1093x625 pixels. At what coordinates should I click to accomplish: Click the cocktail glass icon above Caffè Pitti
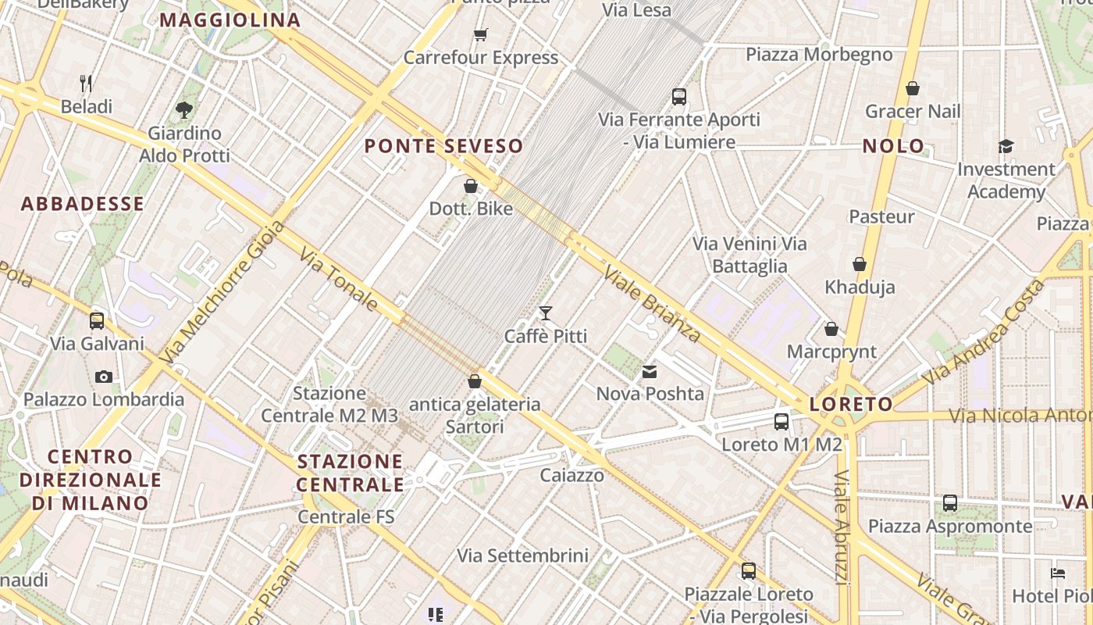coord(546,313)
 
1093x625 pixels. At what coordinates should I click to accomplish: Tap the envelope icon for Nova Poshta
coord(650,372)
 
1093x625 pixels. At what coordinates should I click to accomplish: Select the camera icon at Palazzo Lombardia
coord(103,377)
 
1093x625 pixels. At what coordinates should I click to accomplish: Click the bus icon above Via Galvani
coord(97,320)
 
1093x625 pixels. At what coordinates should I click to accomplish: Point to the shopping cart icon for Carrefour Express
coord(480,34)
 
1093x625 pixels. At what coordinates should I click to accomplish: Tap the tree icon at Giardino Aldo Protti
coord(184,110)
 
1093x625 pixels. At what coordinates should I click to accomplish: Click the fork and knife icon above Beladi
coord(87,83)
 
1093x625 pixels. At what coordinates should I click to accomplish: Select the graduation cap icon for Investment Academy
coord(1006,146)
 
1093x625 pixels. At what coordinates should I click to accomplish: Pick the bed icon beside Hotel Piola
coord(1058,573)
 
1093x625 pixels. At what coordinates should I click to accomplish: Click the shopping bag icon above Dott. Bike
coord(471,186)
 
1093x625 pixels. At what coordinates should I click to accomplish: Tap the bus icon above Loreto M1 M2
coord(781,422)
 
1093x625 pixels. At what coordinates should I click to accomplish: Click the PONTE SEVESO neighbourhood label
coord(443,146)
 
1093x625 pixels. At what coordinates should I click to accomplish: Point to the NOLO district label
coord(893,146)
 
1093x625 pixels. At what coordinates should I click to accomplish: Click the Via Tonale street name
coord(339,279)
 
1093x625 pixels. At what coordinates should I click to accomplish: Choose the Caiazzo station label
coord(572,475)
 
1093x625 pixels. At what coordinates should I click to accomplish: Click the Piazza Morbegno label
coord(819,55)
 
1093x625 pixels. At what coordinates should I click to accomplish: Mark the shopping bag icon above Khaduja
coord(860,265)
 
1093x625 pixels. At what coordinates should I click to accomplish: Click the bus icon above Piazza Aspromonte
coord(950,503)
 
